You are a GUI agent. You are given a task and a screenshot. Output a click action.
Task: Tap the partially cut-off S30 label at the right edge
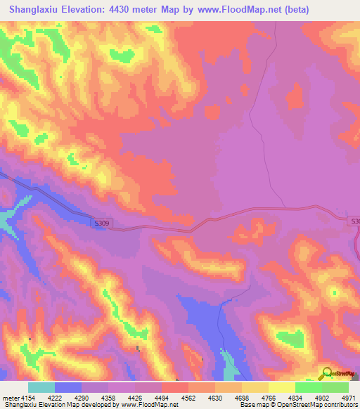[354, 221]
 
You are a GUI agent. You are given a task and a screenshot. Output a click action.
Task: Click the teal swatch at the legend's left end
[41, 387]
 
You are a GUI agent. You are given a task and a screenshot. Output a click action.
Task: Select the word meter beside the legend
[11, 398]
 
